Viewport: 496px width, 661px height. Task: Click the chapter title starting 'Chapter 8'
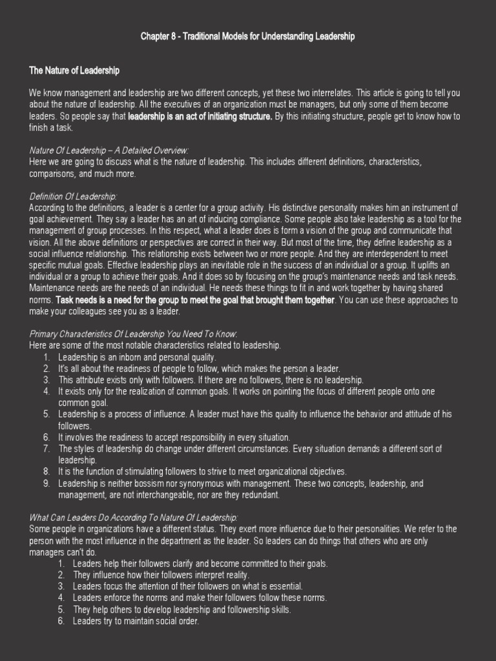pyautogui.click(x=247, y=37)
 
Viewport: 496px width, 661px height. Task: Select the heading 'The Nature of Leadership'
pyautogui.click(x=74, y=70)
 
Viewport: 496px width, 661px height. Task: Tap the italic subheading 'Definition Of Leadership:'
pyautogui.click(x=73, y=196)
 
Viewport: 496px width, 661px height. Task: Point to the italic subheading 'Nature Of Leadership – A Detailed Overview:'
pyautogui.click(x=108, y=150)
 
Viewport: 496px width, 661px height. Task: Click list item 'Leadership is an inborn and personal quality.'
pyautogui.click(x=137, y=357)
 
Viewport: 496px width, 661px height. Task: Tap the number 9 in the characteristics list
pyautogui.click(x=46, y=483)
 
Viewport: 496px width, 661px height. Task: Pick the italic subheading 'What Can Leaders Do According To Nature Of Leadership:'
pyautogui.click(x=134, y=517)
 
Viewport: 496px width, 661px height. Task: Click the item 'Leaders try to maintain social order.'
pyautogui.click(x=136, y=621)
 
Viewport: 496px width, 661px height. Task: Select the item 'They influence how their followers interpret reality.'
pyautogui.click(x=161, y=575)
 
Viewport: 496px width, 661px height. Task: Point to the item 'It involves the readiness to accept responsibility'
pyautogui.click(x=174, y=437)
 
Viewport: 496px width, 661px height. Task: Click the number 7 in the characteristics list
pyautogui.click(x=46, y=448)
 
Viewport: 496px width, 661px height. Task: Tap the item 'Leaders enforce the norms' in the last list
pyautogui.click(x=200, y=598)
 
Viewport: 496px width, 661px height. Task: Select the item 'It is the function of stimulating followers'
pyautogui.click(x=202, y=471)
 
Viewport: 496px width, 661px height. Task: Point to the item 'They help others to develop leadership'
pyautogui.click(x=182, y=609)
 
